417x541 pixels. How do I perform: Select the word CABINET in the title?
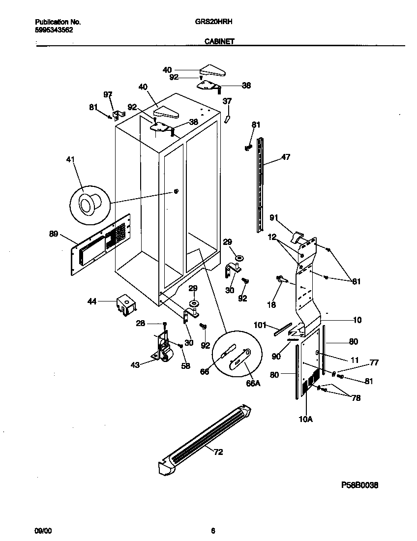pyautogui.click(x=219, y=42)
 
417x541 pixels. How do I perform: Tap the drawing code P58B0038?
pyautogui.click(x=359, y=485)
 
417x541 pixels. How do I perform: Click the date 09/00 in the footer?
pyautogui.click(x=42, y=531)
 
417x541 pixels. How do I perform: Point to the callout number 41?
pyautogui.click(x=71, y=159)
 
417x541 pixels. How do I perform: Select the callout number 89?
pyautogui.click(x=55, y=235)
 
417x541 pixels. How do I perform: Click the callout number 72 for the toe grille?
pyautogui.click(x=218, y=452)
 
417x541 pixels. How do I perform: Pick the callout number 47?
pyautogui.click(x=286, y=157)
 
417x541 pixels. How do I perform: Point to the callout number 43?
pyautogui.click(x=135, y=364)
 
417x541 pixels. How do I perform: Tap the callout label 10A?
pyautogui.click(x=306, y=419)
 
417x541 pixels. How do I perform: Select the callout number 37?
pyautogui.click(x=227, y=101)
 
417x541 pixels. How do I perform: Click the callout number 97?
pyautogui.click(x=107, y=94)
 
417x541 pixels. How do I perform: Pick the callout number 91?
pyautogui.click(x=274, y=217)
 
